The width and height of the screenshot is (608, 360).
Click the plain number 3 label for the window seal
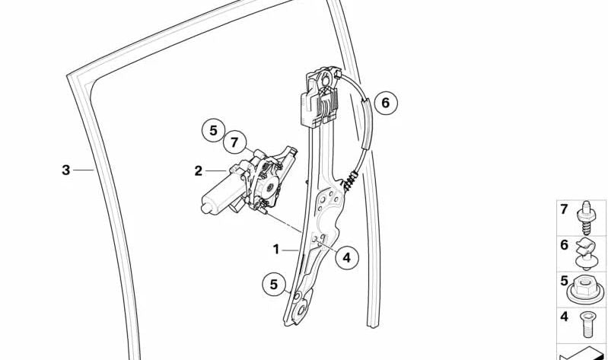(66, 170)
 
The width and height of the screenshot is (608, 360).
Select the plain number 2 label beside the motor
(198, 170)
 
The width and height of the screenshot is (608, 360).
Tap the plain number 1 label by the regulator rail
(276, 250)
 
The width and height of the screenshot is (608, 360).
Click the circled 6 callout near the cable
(385, 103)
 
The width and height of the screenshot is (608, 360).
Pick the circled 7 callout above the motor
(234, 143)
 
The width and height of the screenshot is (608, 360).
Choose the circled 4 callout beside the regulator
(347, 257)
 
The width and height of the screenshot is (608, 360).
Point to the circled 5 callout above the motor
(213, 131)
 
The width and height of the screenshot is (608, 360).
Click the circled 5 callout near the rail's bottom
(274, 285)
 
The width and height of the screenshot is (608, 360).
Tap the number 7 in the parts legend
(564, 209)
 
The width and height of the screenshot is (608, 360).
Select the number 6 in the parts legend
(564, 245)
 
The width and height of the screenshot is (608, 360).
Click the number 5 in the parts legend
(564, 281)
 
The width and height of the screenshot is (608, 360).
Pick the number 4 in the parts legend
(564, 317)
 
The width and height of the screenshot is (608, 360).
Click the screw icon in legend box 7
(586, 218)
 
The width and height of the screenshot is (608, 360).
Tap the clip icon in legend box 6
(586, 253)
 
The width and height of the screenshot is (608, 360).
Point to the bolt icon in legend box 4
(586, 324)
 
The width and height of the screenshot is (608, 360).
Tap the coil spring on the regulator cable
(350, 181)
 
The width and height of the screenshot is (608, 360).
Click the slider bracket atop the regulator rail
(320, 97)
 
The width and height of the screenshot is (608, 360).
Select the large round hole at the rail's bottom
(301, 311)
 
